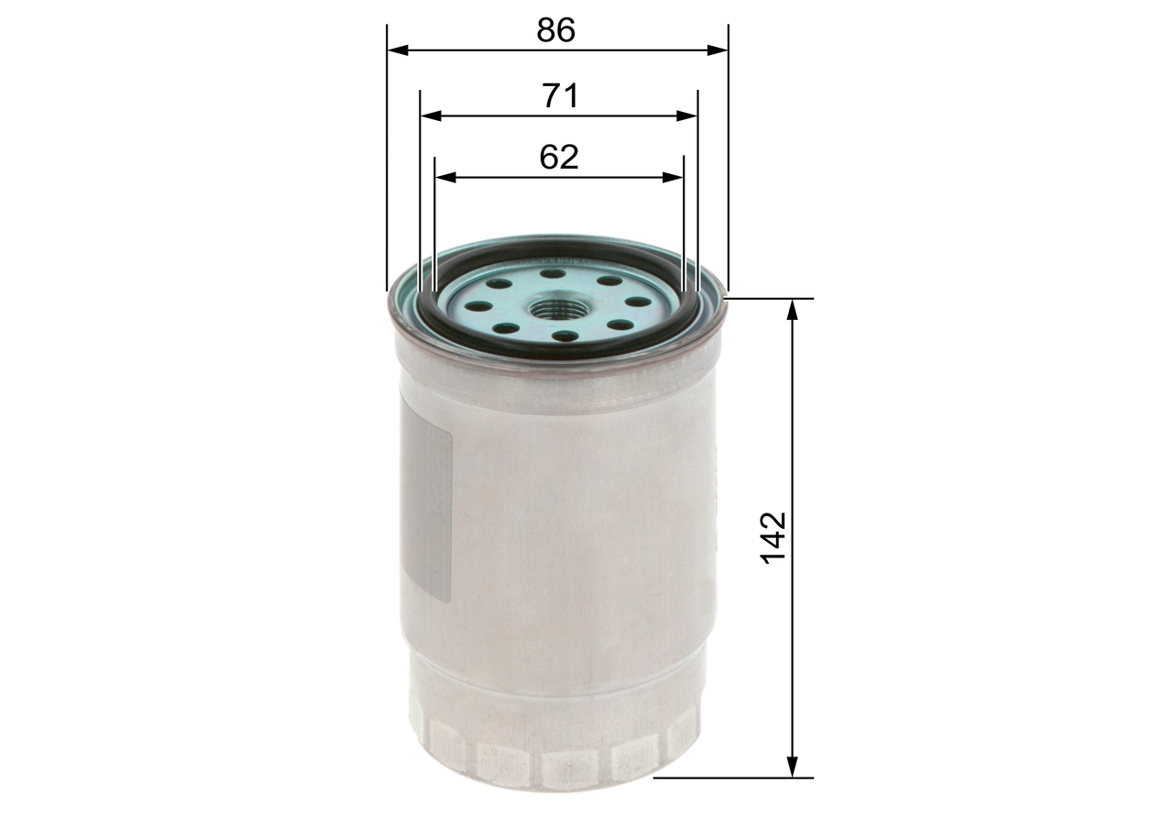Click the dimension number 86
click(556, 30)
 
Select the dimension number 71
click(560, 95)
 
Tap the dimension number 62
click(559, 157)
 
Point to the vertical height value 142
click(774, 537)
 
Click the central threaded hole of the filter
click(559, 308)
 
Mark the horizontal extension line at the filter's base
click(733, 777)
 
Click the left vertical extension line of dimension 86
click(388, 165)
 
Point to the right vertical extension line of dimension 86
click(729, 165)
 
